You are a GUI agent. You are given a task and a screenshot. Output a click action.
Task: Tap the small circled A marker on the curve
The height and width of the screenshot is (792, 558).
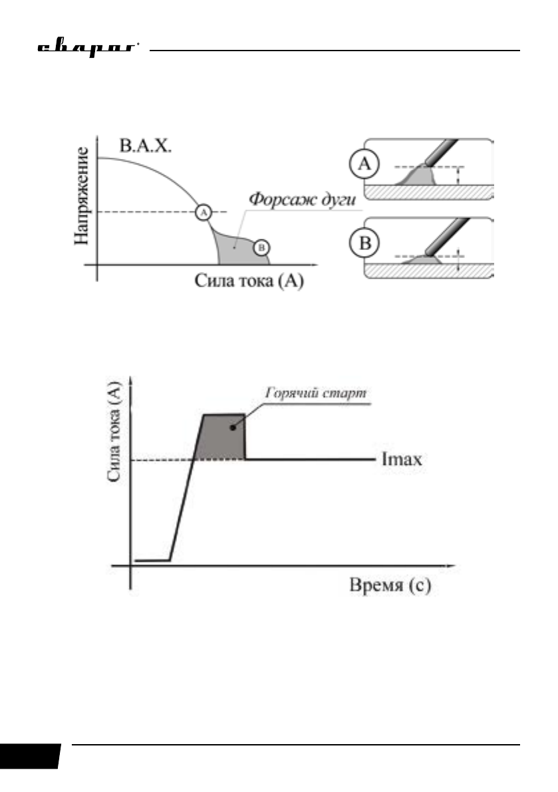click(x=204, y=212)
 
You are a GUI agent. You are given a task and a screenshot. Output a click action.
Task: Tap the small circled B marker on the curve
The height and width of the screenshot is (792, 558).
click(x=262, y=247)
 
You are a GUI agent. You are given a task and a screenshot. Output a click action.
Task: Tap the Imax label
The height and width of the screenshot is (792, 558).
click(x=404, y=460)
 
